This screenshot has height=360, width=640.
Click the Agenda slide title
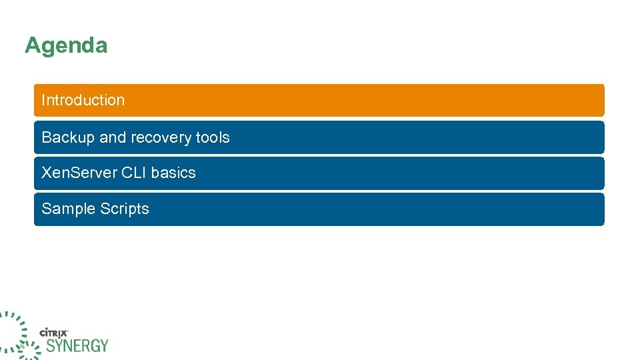(x=66, y=46)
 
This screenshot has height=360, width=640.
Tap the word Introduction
(x=83, y=100)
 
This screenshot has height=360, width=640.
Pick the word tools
(x=213, y=137)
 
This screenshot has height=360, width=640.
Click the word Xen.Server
(x=79, y=173)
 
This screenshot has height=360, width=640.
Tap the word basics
(x=174, y=173)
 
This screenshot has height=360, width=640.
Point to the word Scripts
(x=125, y=209)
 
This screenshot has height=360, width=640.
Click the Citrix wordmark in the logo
(x=55, y=332)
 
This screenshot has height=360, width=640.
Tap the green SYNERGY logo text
(x=77, y=345)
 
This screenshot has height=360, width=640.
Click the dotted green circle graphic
(x=13, y=333)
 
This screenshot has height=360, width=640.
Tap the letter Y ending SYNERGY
(x=103, y=345)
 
